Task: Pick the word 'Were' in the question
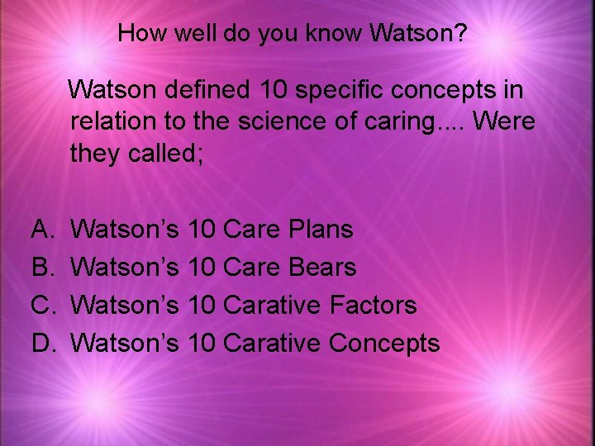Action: (505, 122)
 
